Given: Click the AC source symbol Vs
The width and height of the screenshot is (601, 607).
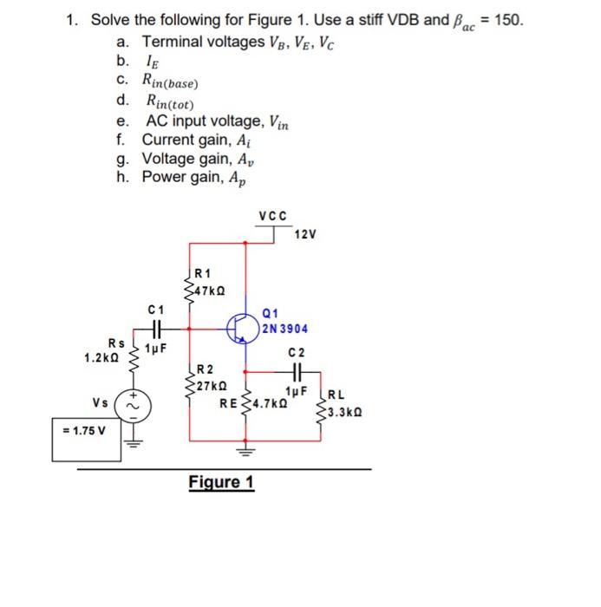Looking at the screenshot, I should (134, 405).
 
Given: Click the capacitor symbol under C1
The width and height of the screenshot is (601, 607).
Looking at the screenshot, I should (156, 329).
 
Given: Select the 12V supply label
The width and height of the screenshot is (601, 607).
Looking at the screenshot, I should (306, 235).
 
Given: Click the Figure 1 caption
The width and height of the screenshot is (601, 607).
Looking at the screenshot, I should (221, 482).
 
